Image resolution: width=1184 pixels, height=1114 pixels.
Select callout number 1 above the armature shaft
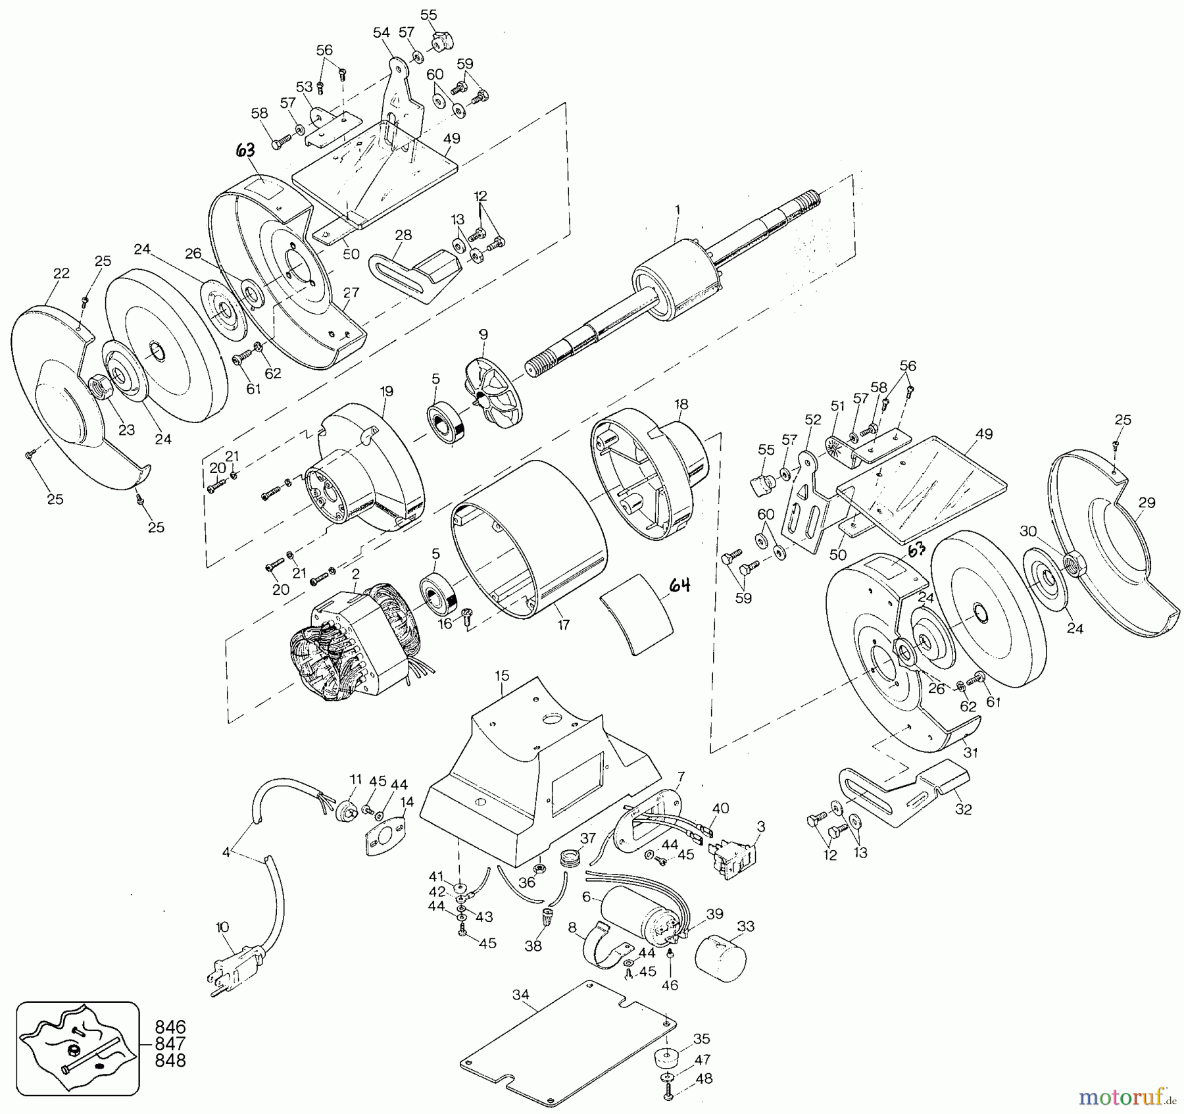point(678,209)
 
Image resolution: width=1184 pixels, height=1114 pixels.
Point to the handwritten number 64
point(679,584)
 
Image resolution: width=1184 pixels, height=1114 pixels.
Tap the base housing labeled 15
point(539,780)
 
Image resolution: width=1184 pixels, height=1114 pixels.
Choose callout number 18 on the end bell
point(681,404)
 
